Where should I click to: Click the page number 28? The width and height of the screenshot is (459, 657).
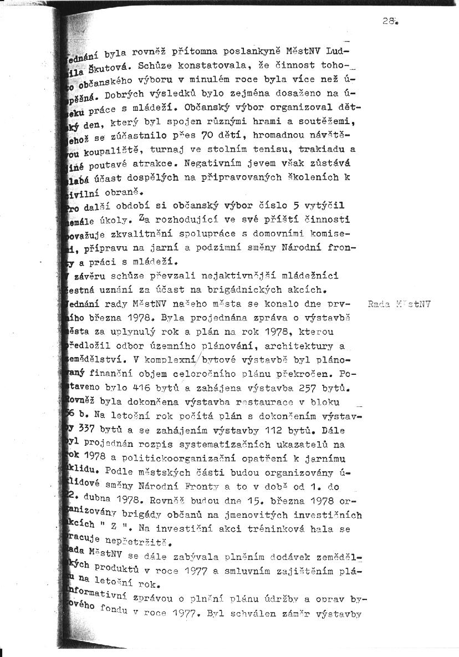[388, 21]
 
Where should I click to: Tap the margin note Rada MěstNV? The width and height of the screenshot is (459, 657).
[399, 304]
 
